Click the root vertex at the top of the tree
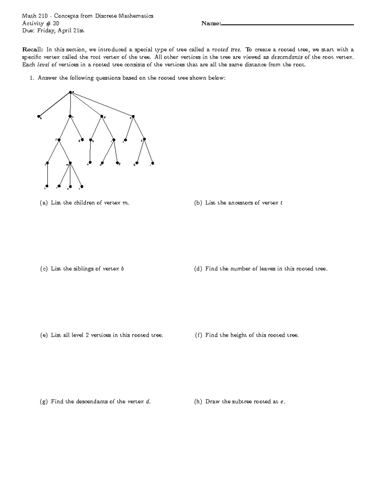pyautogui.click(x=70, y=92)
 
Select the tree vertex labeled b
pyautogui.click(x=39, y=116)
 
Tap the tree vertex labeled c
pyautogui.click(x=70, y=116)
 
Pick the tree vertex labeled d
pyautogui.click(x=102, y=116)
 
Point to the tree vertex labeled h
pyautogui.click(x=90, y=140)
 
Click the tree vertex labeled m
pyautogui.click(x=70, y=163)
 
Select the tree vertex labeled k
pyautogui.click(x=144, y=140)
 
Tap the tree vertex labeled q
pyautogui.click(x=137, y=163)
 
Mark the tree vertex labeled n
pyautogui.click(x=90, y=162)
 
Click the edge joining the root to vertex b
pyautogui.click(x=55, y=104)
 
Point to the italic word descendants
pyautogui.click(x=287, y=57)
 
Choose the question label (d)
pyautogui.click(x=198, y=269)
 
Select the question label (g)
pyautogui.click(x=44, y=402)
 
